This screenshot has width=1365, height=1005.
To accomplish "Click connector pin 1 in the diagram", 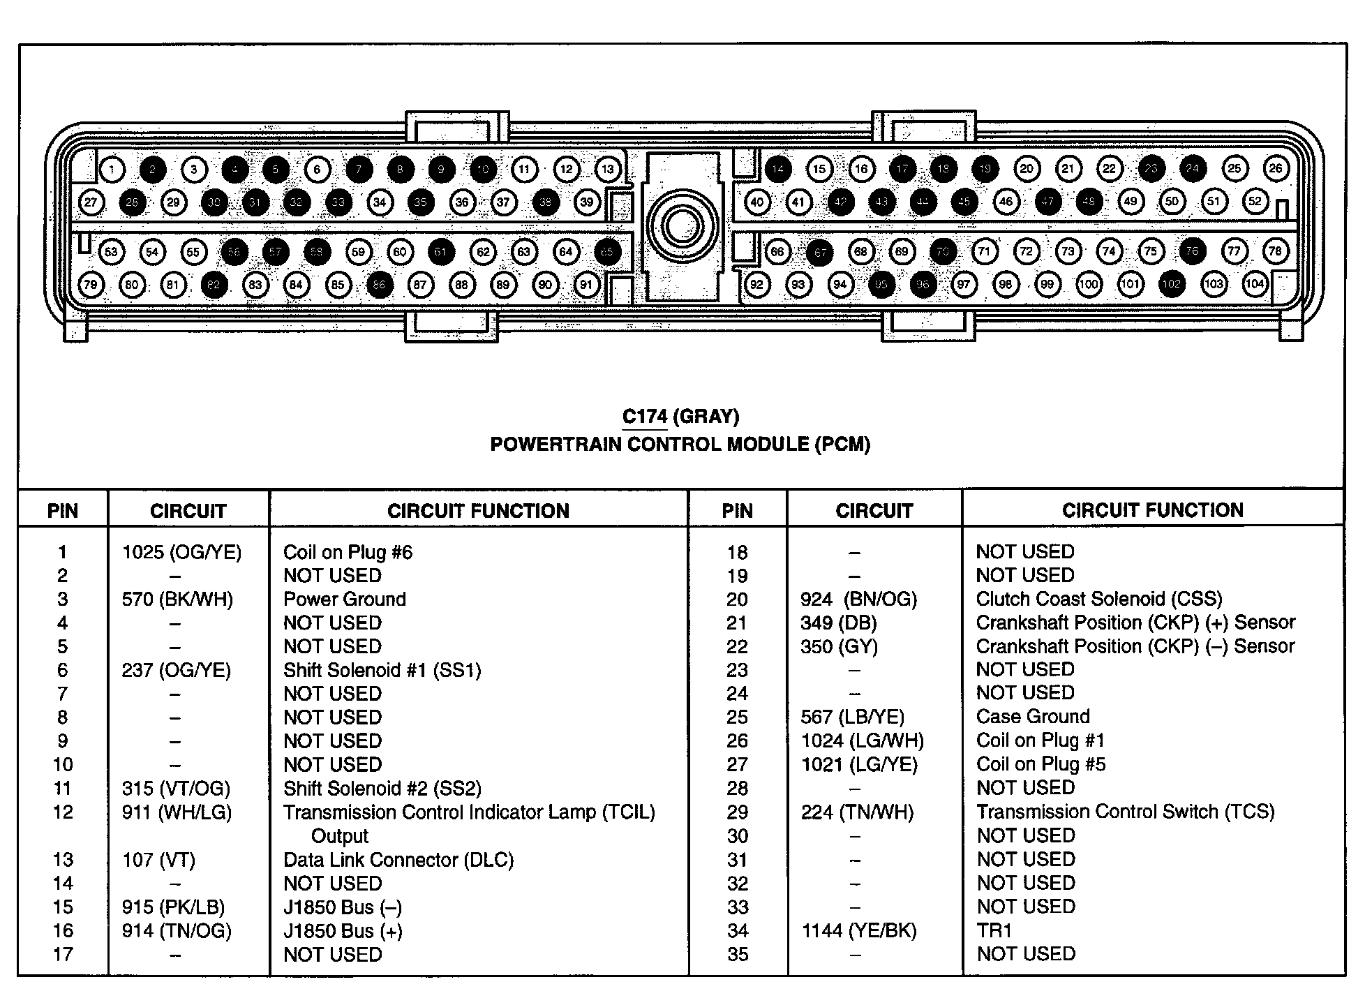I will [x=112, y=169].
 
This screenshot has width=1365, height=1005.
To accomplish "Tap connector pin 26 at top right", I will [x=1276, y=168].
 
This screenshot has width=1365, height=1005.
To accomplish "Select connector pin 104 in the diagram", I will [x=1255, y=284].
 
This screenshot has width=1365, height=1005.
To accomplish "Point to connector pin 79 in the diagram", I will [x=91, y=285].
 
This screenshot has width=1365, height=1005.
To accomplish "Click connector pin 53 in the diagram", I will [x=111, y=252].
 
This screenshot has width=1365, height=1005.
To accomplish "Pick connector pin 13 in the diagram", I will [x=608, y=169].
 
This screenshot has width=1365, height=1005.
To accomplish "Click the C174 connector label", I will [x=645, y=417].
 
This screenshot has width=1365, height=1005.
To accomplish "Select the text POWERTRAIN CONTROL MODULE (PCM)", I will [x=680, y=445].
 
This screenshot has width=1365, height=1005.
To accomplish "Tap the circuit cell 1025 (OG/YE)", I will [x=181, y=553].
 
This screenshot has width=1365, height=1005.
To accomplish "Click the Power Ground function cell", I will [x=344, y=600].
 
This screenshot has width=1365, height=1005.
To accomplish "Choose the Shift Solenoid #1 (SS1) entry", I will [x=382, y=671].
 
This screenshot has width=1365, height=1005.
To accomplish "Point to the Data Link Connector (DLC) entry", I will [x=398, y=860].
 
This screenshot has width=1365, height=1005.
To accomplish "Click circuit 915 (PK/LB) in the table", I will [x=173, y=907].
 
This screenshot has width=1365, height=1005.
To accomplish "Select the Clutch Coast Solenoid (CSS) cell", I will [x=1098, y=599].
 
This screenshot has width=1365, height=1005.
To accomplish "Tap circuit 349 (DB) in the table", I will [x=838, y=623].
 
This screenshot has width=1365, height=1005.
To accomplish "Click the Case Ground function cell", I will [x=1032, y=717].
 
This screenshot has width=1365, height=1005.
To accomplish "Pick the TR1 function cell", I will [x=994, y=930].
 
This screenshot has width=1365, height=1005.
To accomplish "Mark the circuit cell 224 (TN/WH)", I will [x=857, y=812].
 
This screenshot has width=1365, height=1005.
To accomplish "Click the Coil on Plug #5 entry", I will [x=1040, y=764].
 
